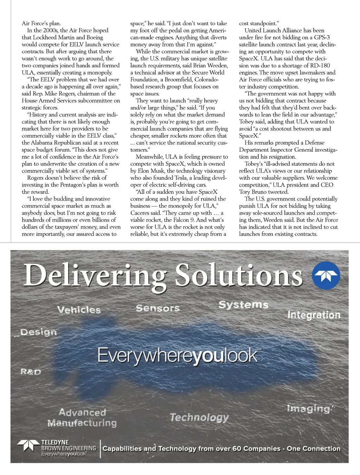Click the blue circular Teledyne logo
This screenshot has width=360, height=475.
click(326, 275)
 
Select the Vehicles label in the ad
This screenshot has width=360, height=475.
click(79, 310)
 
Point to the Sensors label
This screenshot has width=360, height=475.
click(157, 308)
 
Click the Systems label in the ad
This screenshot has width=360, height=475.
click(243, 305)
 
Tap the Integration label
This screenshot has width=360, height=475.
click(314, 315)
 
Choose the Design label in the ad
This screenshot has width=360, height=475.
click(38, 332)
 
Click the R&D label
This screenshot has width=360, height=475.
click(31, 372)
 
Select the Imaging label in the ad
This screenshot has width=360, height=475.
click(309, 409)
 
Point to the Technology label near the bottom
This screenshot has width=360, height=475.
click(199, 418)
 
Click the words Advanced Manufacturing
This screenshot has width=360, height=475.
click(82, 418)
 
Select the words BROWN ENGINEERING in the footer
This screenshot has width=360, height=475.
click(69, 448)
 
